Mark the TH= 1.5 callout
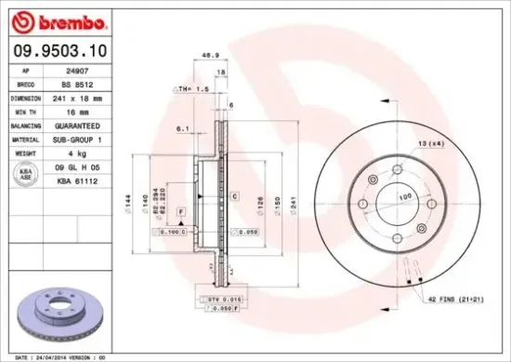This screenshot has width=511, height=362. [x=190, y=88]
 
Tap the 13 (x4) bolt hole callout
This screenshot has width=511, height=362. [x=430, y=142]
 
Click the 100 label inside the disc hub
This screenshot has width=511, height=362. [x=404, y=198]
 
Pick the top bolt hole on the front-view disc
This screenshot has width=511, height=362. [x=399, y=169]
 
